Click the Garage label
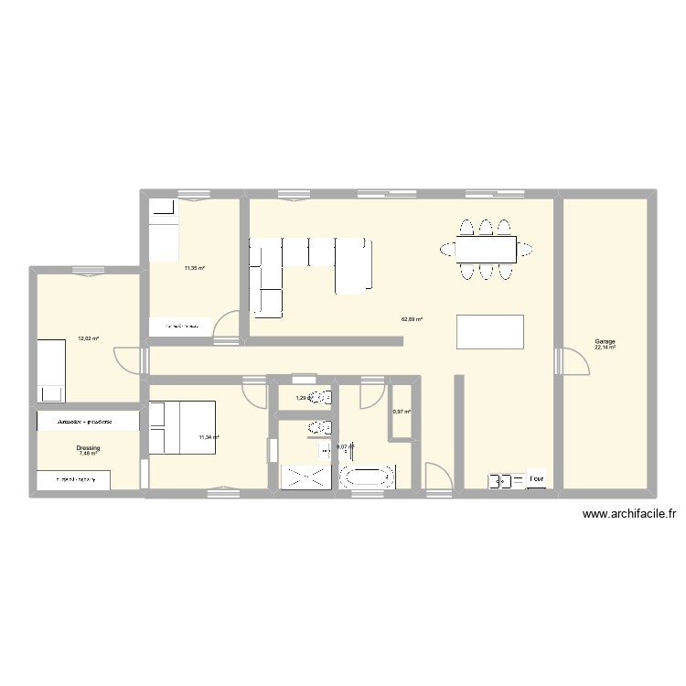click(x=604, y=341)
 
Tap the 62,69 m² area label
click(x=412, y=319)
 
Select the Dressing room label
click(x=89, y=448)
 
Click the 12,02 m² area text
click(x=88, y=338)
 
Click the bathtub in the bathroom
click(x=367, y=477)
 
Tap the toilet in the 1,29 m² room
click(x=319, y=398)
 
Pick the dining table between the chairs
click(x=486, y=249)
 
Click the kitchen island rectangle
click(x=490, y=331)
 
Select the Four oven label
click(x=537, y=478)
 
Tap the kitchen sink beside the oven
click(x=500, y=479)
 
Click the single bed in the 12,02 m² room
click(x=51, y=370)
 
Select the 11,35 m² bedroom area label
click(x=194, y=268)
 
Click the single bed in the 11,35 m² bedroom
click(x=164, y=229)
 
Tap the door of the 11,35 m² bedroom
click(x=227, y=327)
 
